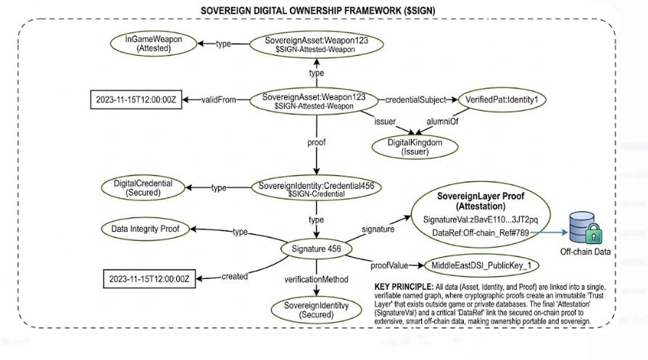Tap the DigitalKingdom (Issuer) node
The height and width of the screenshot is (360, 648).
click(416, 146)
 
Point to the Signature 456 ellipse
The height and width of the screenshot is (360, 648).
click(316, 248)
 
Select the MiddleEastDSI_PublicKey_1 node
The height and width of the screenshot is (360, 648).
click(475, 266)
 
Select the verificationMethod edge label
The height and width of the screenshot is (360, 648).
click(317, 278)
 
